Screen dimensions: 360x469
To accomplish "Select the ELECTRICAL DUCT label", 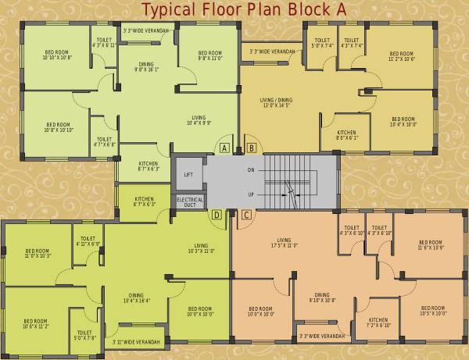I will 190,202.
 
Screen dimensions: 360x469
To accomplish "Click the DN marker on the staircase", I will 250,169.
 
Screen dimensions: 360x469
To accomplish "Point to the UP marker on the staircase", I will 250,194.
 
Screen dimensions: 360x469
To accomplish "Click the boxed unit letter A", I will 224,148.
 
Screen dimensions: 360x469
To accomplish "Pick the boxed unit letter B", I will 251,148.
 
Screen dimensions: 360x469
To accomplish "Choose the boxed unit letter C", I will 245,214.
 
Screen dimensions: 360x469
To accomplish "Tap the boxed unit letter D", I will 217,214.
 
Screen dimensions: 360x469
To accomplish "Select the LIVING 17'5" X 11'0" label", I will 284,243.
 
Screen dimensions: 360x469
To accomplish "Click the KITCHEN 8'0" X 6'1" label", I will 347,135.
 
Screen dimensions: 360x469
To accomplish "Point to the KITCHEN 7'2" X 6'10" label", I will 378,323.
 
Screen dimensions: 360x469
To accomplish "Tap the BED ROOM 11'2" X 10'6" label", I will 402,55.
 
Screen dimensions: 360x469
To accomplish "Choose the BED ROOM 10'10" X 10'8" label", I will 57,55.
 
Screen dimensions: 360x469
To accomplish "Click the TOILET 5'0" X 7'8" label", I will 84,335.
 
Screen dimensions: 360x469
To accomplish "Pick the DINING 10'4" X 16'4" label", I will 136,298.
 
